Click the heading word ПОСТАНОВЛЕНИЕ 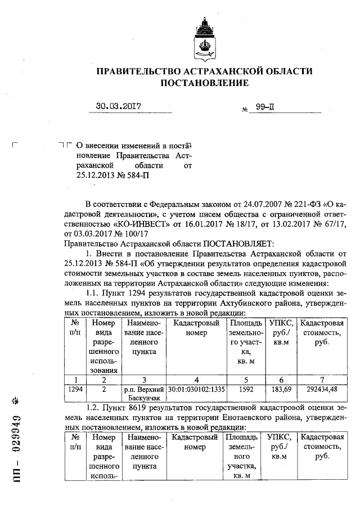pyautogui.click(x=205, y=83)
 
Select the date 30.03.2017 pyautogui.click(x=118, y=106)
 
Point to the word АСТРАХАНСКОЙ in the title pyautogui.click(x=227, y=71)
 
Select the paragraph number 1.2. pyautogui.click(x=93, y=407)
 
